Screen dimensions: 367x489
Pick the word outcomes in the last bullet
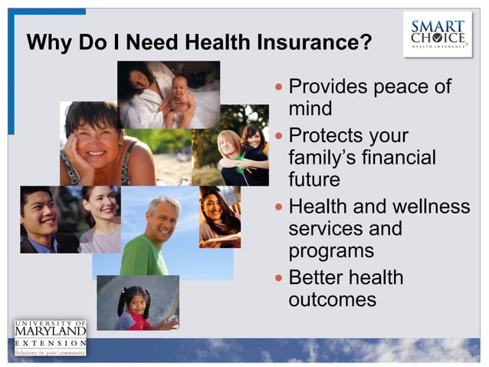(x=332, y=299)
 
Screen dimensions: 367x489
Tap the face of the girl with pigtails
(x=137, y=300)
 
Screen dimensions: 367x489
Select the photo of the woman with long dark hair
(x=220, y=216)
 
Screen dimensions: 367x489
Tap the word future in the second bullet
(x=314, y=181)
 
